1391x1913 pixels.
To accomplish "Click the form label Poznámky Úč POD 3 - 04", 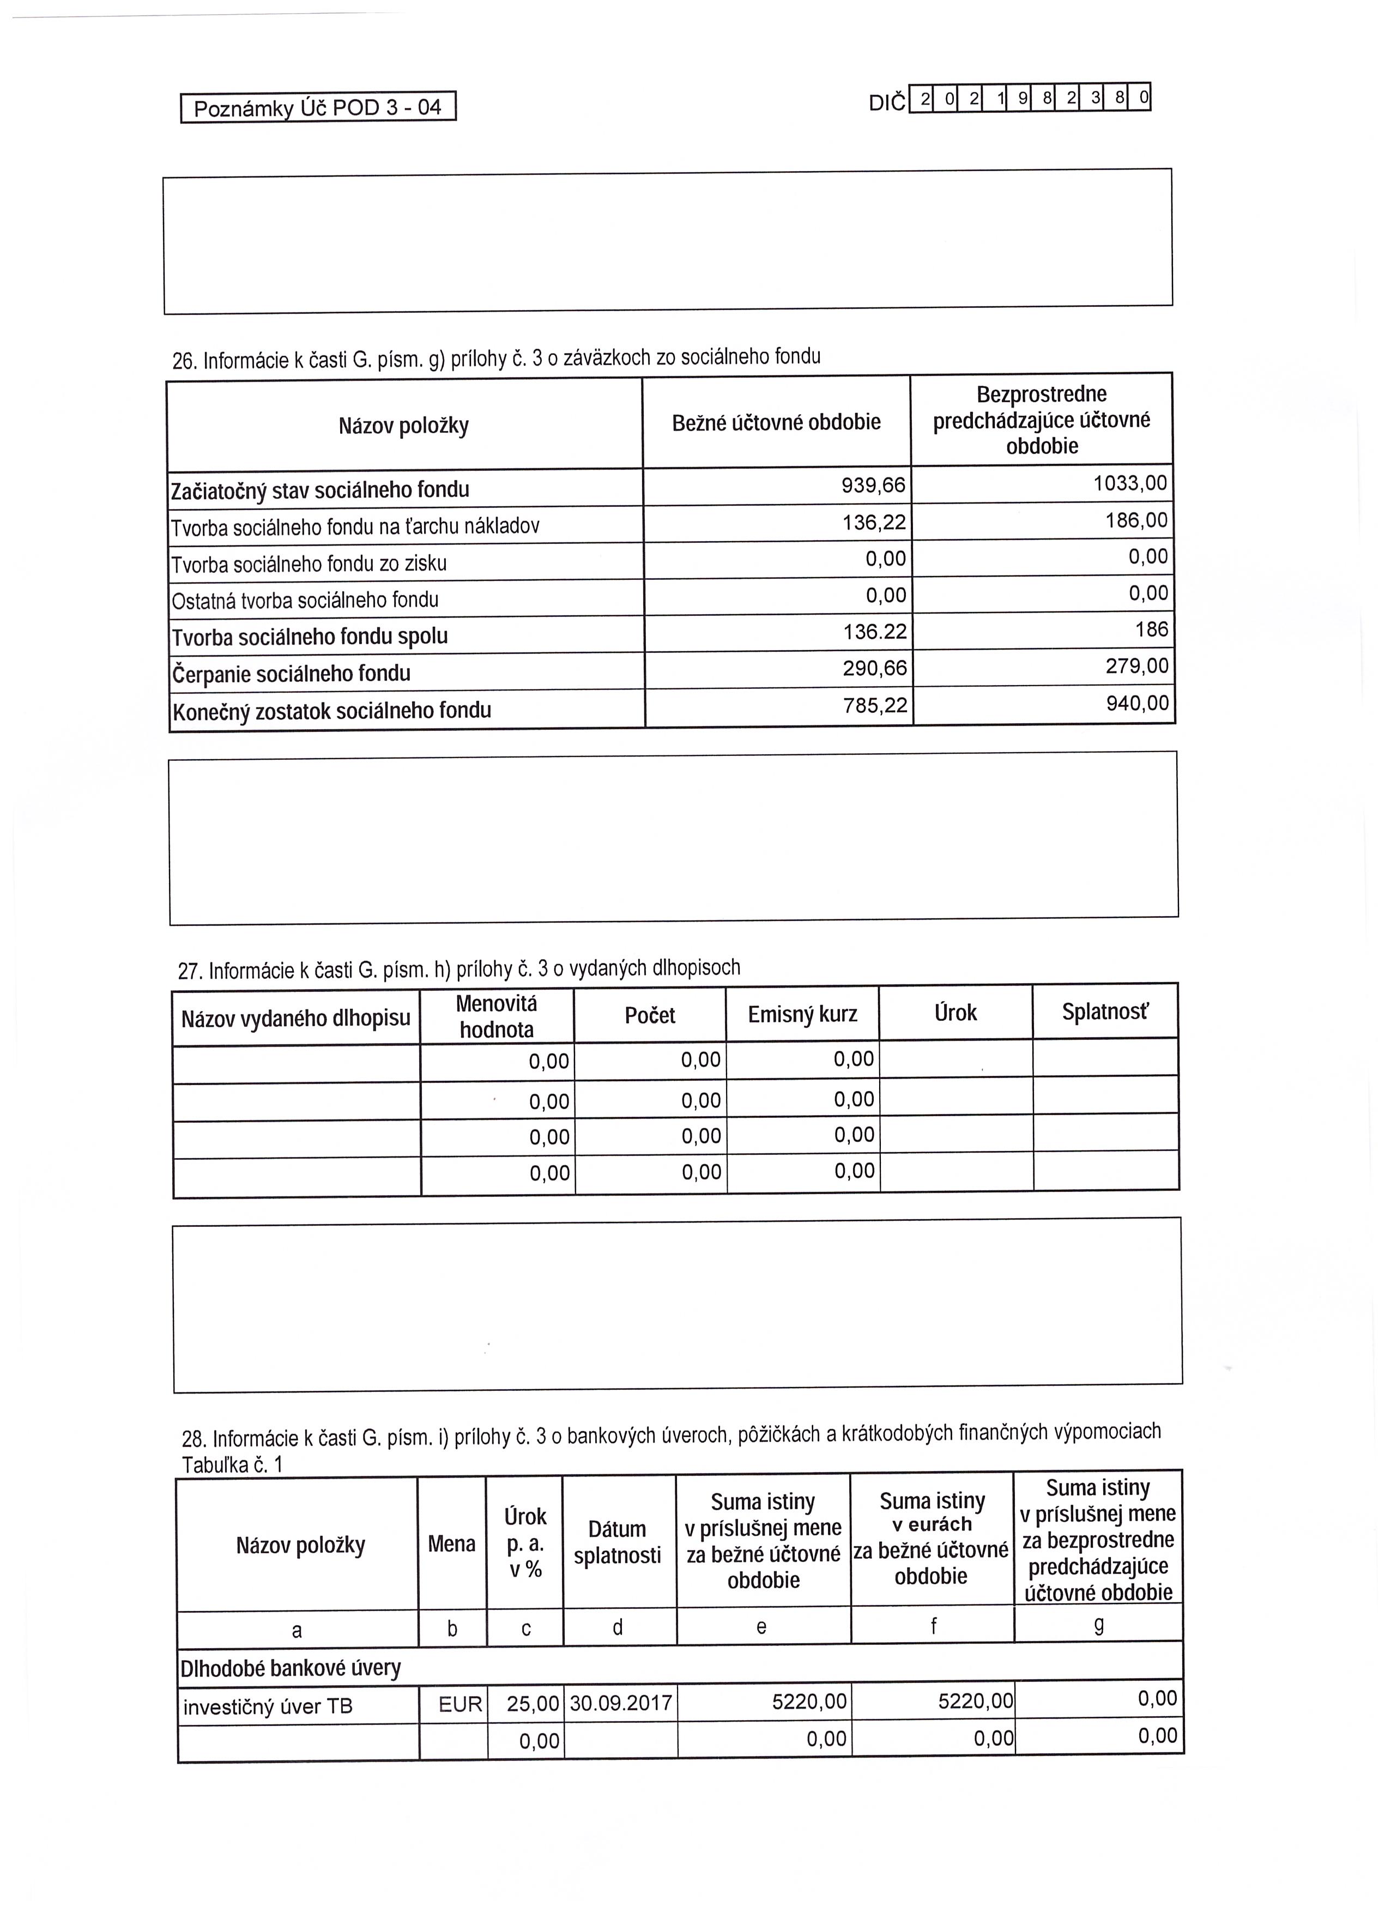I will click(317, 108).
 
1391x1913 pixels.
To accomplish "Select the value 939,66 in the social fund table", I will click(873, 486).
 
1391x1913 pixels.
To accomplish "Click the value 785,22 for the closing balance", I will click(875, 705).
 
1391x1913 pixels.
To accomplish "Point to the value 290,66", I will click(875, 669).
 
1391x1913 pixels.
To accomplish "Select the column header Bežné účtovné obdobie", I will click(776, 422).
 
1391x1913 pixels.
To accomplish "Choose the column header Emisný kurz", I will click(802, 1014).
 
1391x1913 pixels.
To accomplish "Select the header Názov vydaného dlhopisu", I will click(295, 1018).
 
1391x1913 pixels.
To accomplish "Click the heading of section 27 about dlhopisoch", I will click(459, 969).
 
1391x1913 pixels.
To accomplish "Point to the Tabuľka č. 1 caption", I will click(232, 1464).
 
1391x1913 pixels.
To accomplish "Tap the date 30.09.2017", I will click(621, 1703).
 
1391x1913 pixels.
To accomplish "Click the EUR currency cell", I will click(459, 1705).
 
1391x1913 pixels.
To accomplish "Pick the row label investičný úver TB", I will click(268, 1707).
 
